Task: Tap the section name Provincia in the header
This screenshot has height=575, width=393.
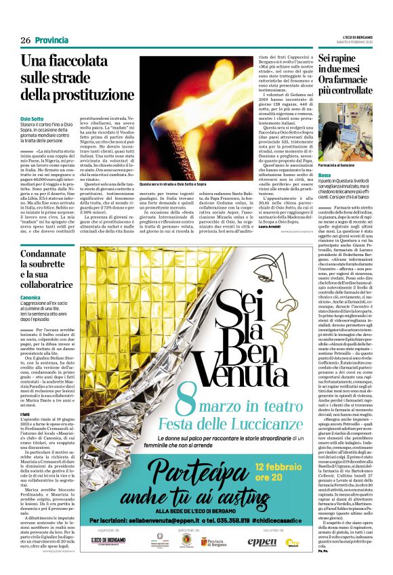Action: (x=51, y=41)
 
